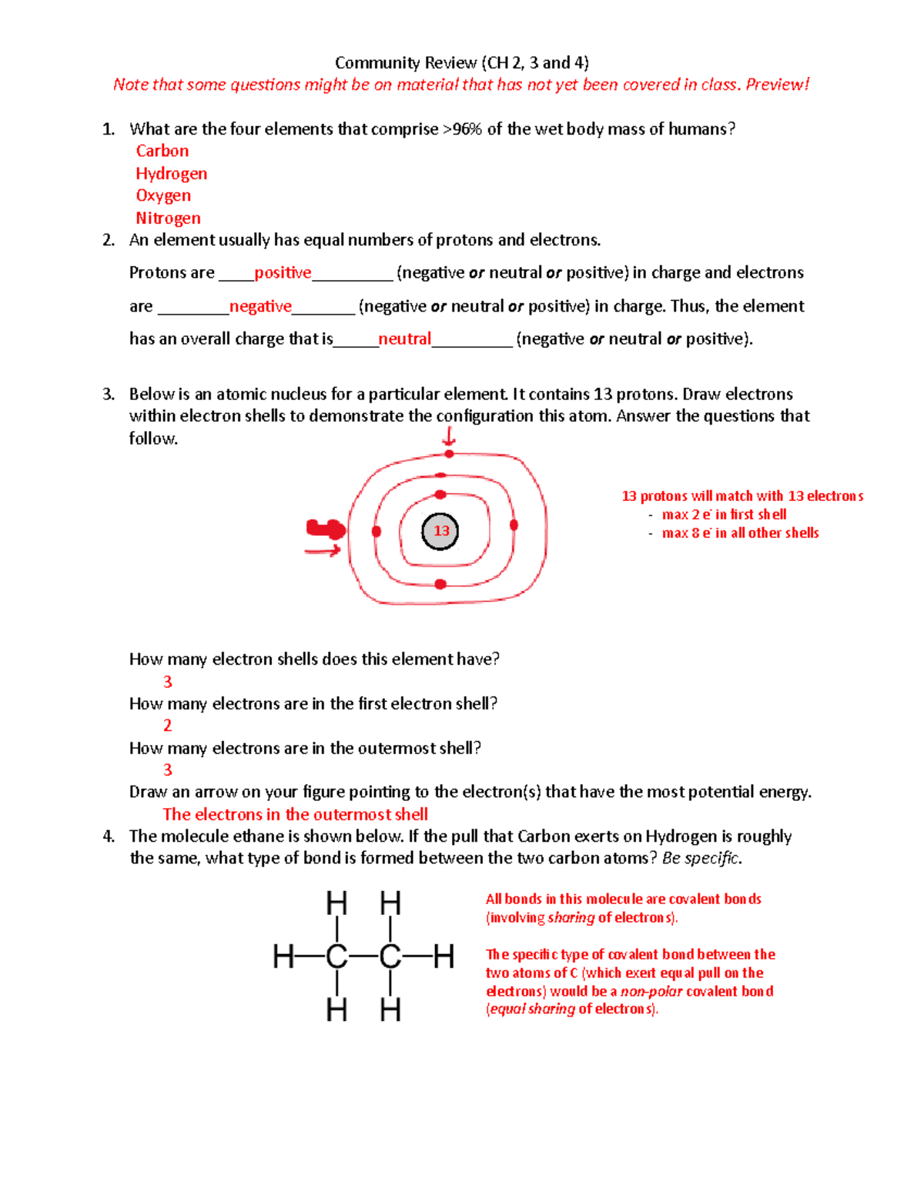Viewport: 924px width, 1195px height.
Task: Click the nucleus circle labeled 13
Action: click(440, 531)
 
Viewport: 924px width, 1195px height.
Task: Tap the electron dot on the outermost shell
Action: click(449, 454)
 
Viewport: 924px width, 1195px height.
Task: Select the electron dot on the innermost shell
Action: click(440, 495)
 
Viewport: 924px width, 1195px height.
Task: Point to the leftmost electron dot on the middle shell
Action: click(377, 531)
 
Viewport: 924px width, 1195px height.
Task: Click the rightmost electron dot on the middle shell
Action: click(514, 525)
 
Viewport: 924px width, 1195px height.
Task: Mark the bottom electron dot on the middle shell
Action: click(440, 584)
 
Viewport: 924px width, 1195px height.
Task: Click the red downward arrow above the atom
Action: click(449, 437)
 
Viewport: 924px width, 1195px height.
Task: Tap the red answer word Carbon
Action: click(162, 152)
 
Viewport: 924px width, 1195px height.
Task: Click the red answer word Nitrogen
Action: click(168, 219)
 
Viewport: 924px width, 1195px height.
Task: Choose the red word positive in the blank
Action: click(283, 273)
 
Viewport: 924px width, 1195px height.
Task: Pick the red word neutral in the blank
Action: click(404, 339)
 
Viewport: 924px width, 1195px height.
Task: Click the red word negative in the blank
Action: click(260, 306)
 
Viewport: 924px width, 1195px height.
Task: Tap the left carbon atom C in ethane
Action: click(336, 956)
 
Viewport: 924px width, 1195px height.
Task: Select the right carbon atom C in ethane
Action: click(390, 956)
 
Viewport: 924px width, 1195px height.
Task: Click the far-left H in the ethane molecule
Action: click(283, 956)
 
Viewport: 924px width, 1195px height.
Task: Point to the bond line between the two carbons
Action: click(363, 956)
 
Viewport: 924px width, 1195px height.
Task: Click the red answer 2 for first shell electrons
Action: click(167, 726)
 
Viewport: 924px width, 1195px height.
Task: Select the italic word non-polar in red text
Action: click(651, 992)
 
